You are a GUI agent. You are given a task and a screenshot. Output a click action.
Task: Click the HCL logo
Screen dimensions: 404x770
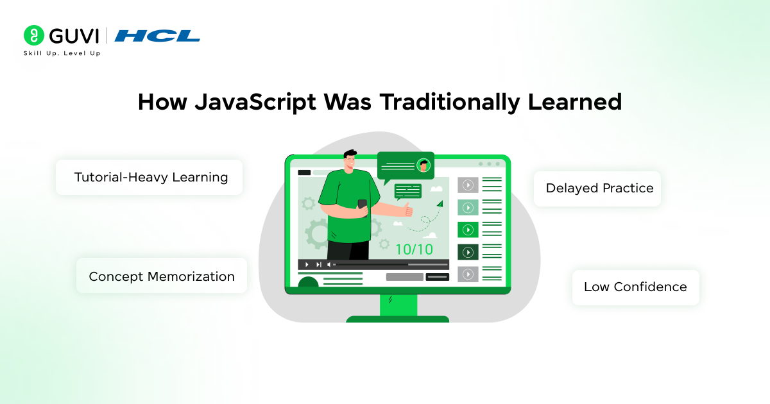coord(157,36)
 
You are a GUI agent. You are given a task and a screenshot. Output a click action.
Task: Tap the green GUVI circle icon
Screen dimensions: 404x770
coord(33,35)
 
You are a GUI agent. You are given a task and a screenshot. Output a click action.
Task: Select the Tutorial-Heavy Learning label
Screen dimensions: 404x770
coord(151,177)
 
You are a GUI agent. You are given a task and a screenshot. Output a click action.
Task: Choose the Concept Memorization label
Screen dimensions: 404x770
coord(162,276)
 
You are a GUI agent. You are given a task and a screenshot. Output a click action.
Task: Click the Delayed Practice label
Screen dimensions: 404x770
coord(599,188)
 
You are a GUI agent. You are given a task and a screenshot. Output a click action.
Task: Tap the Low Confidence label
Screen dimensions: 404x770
coord(635,287)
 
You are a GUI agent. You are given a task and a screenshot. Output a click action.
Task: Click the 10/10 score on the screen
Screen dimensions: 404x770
coord(414,249)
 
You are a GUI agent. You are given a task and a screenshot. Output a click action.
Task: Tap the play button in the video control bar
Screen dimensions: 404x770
coord(307,264)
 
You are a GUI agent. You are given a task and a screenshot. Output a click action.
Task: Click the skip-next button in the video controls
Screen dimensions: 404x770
coord(318,264)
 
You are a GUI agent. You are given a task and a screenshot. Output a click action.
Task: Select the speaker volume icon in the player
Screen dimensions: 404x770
coord(329,264)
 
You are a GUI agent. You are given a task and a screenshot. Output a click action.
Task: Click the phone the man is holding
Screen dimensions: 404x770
coord(363,205)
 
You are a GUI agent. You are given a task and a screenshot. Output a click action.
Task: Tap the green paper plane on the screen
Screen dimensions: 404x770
coord(439,204)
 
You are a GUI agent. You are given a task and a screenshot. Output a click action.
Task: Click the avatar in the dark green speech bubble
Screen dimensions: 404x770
coord(423,165)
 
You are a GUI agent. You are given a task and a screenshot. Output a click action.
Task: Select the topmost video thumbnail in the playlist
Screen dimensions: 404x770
coord(468,185)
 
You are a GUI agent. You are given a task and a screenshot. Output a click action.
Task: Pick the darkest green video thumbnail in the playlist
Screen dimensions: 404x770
coord(468,252)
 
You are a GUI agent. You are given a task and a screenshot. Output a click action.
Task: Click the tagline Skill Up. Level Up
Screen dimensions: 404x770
coord(62,53)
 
